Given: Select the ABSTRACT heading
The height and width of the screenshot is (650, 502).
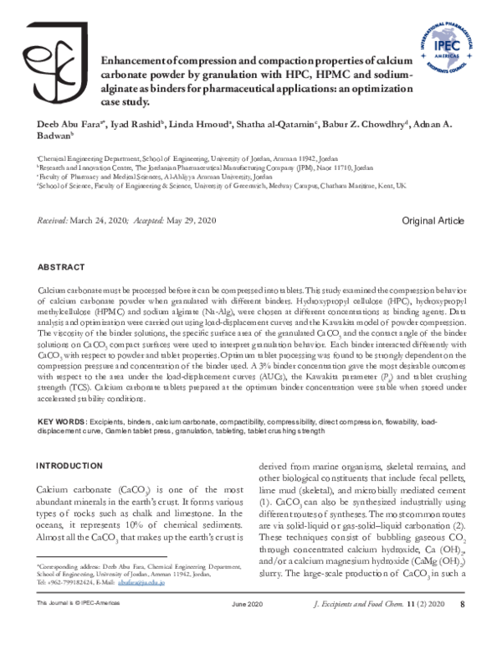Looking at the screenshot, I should [x=64, y=266].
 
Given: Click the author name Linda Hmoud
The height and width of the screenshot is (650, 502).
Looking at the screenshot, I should [x=204, y=125].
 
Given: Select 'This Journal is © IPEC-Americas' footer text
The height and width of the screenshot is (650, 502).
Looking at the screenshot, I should [x=81, y=627].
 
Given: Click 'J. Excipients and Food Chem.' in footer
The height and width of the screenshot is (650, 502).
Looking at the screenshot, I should [x=356, y=627].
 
